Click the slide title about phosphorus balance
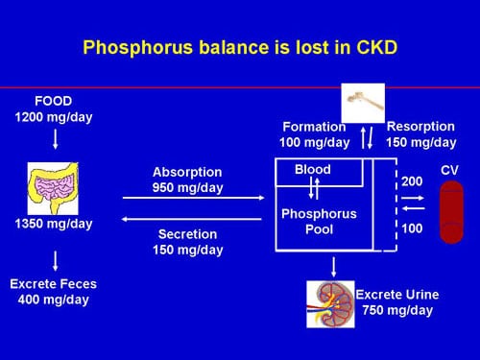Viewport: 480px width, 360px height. tap(239, 46)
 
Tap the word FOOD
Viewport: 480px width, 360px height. tap(54, 101)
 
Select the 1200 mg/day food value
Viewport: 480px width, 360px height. tap(54, 117)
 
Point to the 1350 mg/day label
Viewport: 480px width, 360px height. tap(54, 225)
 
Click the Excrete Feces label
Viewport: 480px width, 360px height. tap(54, 284)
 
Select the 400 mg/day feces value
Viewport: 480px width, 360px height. tap(54, 300)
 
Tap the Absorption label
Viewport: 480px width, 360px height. tap(187, 172)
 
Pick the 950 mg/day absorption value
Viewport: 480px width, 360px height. tap(187, 188)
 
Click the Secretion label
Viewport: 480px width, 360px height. tap(187, 233)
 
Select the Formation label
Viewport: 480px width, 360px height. tap(314, 127)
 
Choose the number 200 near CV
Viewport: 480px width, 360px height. tap(411, 180)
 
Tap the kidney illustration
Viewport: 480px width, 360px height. tap(330, 302)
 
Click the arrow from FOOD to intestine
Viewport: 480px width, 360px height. tap(55, 139)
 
